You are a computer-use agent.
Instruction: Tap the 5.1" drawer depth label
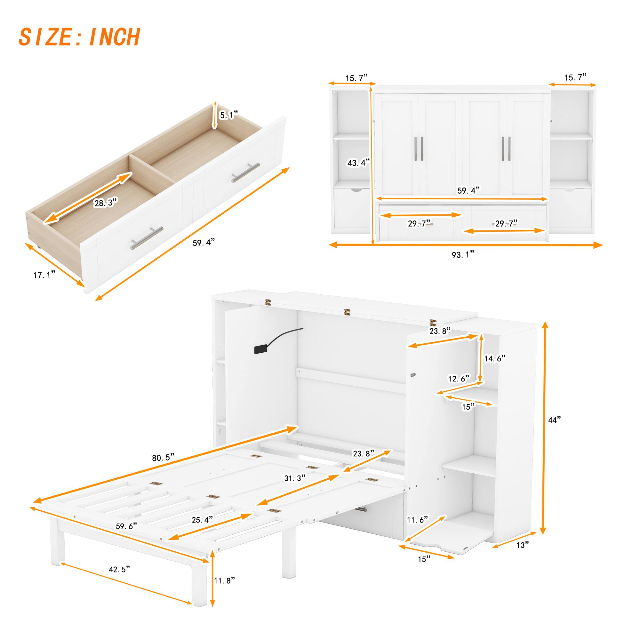[229, 115]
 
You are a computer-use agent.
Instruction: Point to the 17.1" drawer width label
[44, 275]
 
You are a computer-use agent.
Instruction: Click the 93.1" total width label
[463, 254]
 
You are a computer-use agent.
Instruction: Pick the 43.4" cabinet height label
[358, 163]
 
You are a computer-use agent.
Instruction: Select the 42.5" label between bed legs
[119, 569]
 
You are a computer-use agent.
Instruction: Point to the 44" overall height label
[554, 420]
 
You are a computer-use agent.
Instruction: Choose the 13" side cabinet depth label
[523, 545]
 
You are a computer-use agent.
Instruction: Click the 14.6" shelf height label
[495, 358]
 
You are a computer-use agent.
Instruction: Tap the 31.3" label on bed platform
[294, 478]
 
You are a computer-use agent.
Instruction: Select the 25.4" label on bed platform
[202, 519]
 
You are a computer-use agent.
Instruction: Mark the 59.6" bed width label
[126, 526]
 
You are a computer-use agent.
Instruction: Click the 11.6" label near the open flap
[417, 519]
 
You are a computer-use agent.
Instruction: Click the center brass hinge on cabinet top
[347, 312]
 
